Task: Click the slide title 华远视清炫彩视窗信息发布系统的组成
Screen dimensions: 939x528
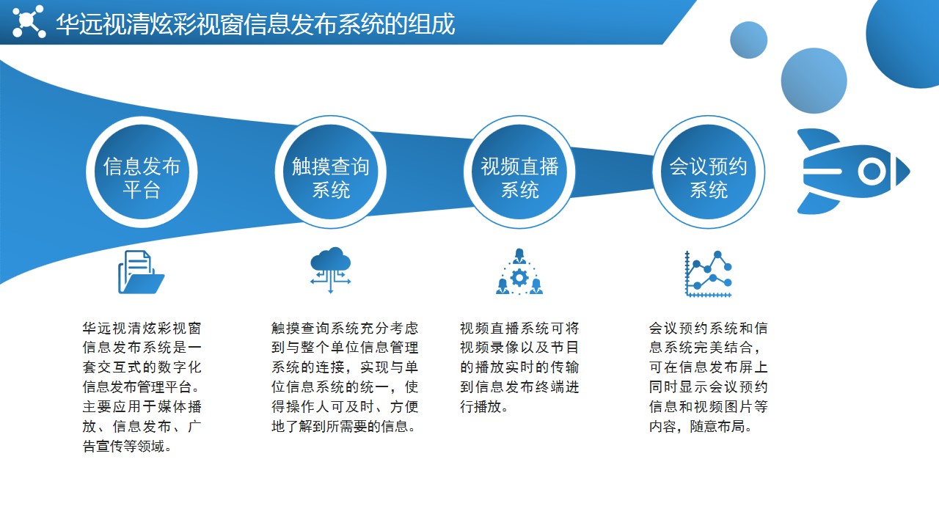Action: pyautogui.click(x=255, y=24)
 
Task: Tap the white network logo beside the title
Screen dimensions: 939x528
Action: pyautogui.click(x=29, y=21)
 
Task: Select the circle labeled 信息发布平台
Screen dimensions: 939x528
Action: pyautogui.click(x=142, y=172)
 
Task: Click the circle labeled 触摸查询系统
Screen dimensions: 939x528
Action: pyautogui.click(x=331, y=172)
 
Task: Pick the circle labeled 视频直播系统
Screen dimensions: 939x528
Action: pyautogui.click(x=519, y=172)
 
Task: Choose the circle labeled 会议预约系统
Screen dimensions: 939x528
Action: pyautogui.click(x=709, y=172)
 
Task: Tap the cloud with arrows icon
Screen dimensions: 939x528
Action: pyautogui.click(x=330, y=270)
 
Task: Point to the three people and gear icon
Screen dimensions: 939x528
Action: pyautogui.click(x=519, y=271)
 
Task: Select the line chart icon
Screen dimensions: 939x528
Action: pyautogui.click(x=709, y=274)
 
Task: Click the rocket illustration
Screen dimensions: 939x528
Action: pyautogui.click(x=853, y=172)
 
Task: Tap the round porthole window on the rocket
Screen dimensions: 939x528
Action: pyautogui.click(x=872, y=171)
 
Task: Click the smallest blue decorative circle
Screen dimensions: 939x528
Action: pyautogui.click(x=749, y=40)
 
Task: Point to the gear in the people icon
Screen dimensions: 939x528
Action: pyautogui.click(x=519, y=278)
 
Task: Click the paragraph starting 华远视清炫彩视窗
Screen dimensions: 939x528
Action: pyautogui.click(x=142, y=386)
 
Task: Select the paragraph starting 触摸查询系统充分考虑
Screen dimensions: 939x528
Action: pyautogui.click(x=345, y=377)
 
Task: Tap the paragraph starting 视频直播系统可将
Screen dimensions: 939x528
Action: pyautogui.click(x=519, y=367)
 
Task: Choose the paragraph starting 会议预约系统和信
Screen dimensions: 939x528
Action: pyautogui.click(x=709, y=377)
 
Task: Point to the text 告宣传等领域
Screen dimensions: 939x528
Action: pyautogui.click(x=123, y=447)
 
